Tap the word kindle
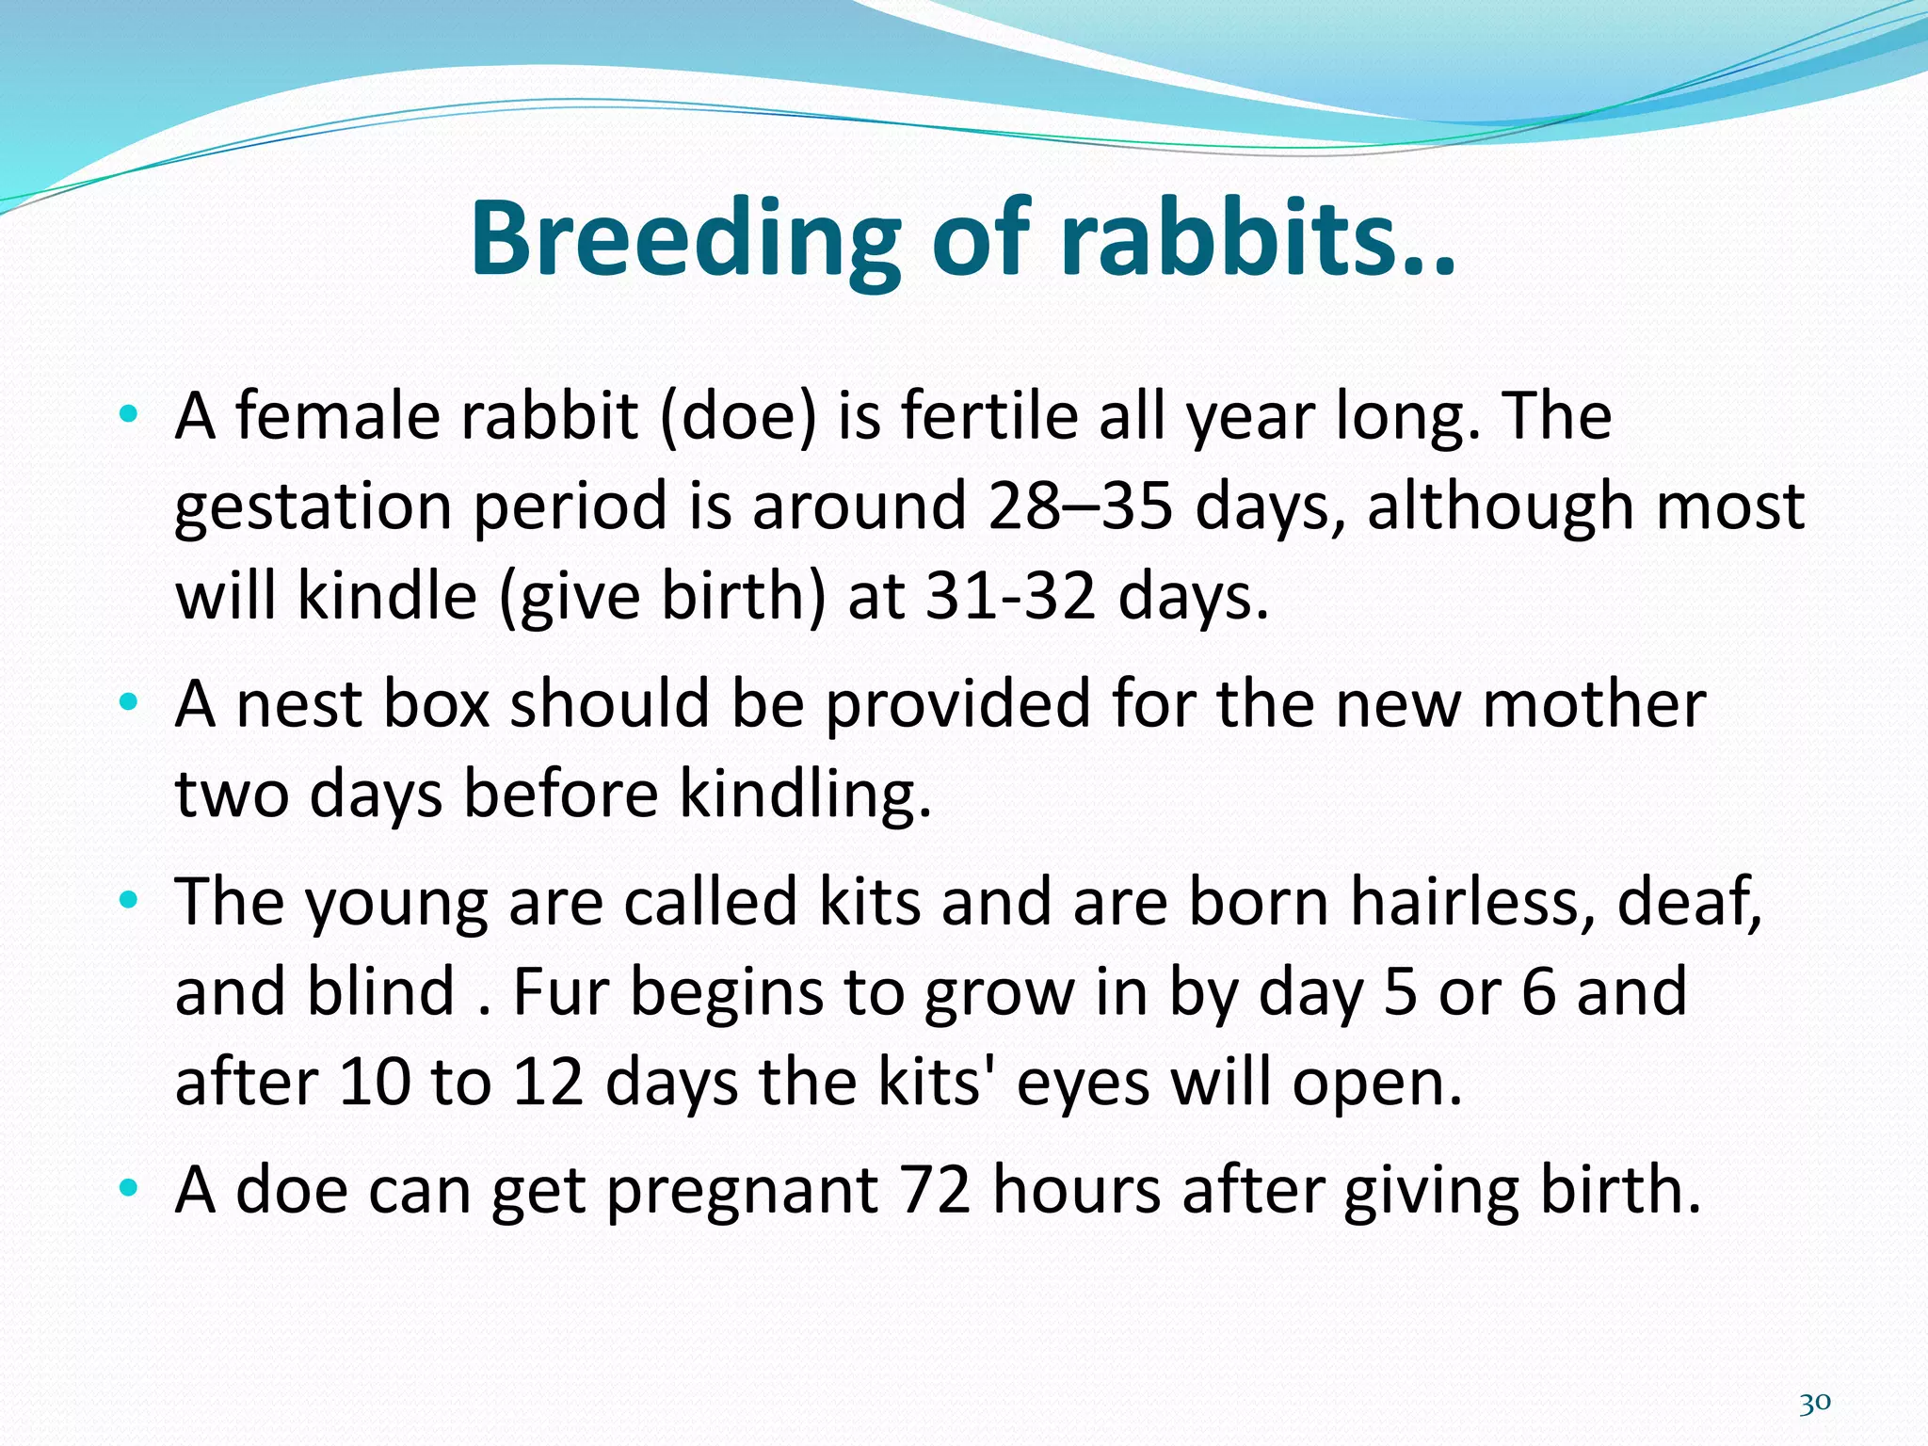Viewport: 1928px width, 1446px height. (x=387, y=596)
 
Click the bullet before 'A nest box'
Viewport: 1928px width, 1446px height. (x=129, y=702)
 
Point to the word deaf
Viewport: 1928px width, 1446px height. (x=1689, y=901)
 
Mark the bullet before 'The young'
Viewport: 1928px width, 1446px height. (x=129, y=900)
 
